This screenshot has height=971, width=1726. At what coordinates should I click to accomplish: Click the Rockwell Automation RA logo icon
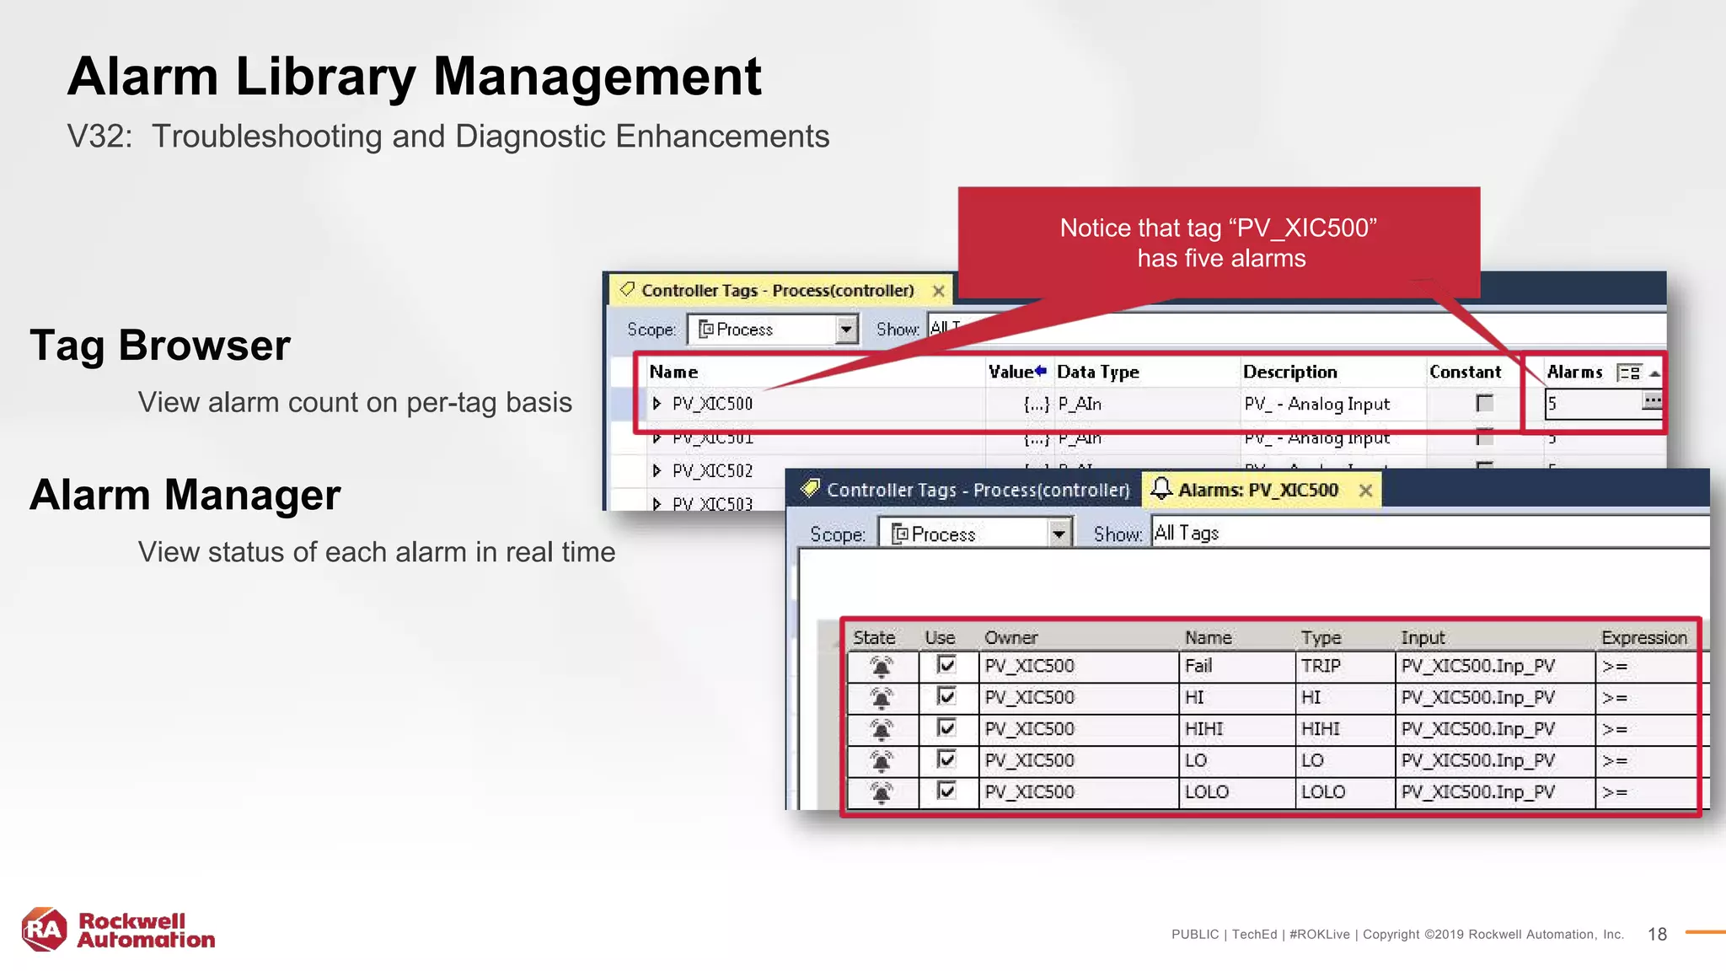[x=45, y=929]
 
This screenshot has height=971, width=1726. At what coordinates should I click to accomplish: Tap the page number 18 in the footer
[x=1657, y=934]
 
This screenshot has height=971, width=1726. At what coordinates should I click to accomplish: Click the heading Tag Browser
[x=160, y=346]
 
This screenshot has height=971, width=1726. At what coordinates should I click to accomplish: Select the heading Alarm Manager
[x=185, y=495]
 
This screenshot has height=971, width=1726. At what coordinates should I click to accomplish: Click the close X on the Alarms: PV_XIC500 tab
[x=1365, y=491]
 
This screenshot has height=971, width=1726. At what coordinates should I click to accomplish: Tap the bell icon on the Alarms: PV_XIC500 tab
[x=1161, y=489]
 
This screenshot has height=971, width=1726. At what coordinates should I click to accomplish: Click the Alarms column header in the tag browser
[x=1574, y=373]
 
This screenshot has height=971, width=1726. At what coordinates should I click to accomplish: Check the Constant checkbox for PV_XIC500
[x=1484, y=404]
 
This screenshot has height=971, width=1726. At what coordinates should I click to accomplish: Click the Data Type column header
[x=1097, y=373]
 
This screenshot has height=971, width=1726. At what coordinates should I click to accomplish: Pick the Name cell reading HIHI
[x=1203, y=729]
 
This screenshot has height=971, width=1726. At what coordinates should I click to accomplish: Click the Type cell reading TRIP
[x=1320, y=666]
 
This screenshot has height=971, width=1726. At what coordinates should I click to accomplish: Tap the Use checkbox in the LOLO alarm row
[x=946, y=791]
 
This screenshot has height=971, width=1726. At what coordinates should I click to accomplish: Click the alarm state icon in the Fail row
[x=881, y=667]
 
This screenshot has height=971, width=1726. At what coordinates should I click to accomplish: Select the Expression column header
[x=1643, y=638]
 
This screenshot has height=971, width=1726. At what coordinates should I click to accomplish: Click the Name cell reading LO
[x=1196, y=760]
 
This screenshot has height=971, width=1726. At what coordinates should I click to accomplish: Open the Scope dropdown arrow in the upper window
[x=846, y=330]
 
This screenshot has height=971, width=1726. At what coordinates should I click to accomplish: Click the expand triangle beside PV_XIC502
[x=657, y=470]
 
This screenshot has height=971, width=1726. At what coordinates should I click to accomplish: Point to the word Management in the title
[x=597, y=77]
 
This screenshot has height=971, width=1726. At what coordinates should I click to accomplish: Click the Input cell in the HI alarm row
[x=1477, y=698]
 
